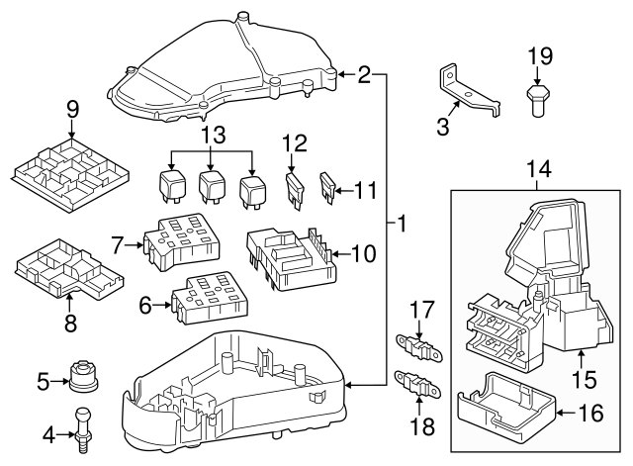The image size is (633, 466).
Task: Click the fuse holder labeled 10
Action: click(x=287, y=256)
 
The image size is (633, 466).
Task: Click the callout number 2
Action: click(x=363, y=74)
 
